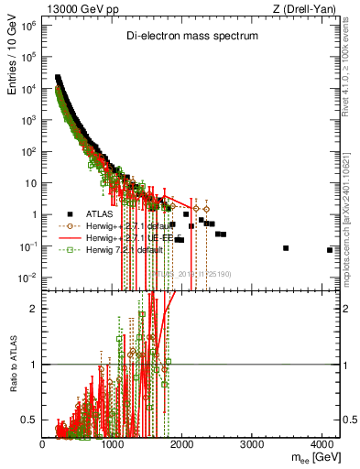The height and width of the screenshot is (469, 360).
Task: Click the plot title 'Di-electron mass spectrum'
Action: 191,36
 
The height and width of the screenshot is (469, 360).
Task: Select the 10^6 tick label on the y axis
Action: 28,26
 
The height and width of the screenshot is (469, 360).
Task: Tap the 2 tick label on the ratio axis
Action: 34,309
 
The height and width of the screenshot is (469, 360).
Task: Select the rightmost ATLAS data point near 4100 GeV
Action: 329,250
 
